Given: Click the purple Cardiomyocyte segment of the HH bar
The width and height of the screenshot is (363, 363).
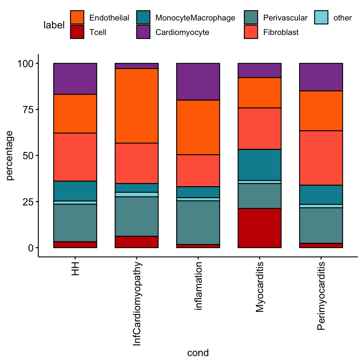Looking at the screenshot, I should click(75, 79).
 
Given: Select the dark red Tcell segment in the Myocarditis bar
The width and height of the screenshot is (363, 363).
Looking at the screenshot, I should click(259, 228).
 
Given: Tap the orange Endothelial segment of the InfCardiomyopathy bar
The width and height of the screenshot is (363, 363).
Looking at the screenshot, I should click(136, 106).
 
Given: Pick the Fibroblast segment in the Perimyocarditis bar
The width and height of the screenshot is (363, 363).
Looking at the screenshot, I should click(321, 158).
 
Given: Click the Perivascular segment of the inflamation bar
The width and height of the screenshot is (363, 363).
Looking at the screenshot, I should click(198, 222).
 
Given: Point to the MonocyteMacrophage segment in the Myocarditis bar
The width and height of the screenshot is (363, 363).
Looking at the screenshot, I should click(259, 165).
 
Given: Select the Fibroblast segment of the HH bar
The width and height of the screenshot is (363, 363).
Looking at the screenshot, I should click(75, 157).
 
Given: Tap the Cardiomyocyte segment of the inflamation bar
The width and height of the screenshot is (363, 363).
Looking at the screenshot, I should click(198, 82).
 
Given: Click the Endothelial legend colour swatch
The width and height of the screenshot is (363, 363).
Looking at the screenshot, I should click(77, 18).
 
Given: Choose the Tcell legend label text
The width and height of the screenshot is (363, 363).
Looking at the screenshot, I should click(98, 32).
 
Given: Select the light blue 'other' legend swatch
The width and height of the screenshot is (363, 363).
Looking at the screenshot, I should click(321, 18).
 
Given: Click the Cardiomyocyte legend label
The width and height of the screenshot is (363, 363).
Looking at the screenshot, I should click(182, 32).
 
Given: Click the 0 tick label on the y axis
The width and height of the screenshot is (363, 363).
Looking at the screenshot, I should click(31, 248).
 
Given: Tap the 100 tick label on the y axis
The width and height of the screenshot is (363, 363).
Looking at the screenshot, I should click(26, 64).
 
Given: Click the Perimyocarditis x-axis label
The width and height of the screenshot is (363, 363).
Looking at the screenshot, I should click(321, 296).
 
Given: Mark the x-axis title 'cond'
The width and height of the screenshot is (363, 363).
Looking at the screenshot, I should click(198, 353).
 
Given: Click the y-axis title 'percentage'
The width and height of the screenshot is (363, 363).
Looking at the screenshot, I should click(10, 156).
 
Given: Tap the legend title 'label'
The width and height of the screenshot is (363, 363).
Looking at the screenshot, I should click(54, 25).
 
